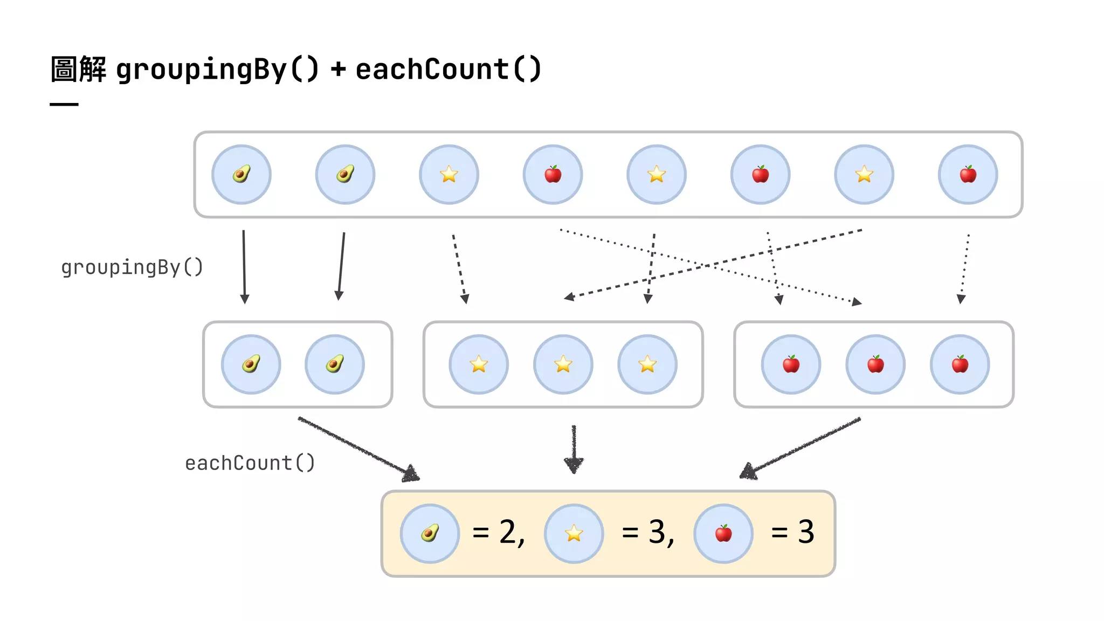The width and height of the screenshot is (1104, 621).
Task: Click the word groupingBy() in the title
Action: (217, 70)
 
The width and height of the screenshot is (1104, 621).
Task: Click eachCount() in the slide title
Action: (448, 70)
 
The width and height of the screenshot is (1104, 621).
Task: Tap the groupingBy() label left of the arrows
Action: (132, 267)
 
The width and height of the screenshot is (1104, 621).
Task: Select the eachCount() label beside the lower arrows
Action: (250, 463)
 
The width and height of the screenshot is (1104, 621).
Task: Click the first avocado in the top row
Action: (241, 175)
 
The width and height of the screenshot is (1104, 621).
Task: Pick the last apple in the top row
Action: (968, 175)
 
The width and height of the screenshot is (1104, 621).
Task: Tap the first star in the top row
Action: (448, 175)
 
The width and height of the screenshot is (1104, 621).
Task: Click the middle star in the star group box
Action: (563, 364)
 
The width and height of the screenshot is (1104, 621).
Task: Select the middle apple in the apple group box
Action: (875, 364)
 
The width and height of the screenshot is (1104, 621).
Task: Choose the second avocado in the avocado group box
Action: (335, 364)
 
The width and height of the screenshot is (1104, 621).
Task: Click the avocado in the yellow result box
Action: (430, 534)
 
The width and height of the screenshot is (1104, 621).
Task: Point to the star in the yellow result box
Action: (574, 534)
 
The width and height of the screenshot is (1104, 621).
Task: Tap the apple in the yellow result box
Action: (723, 534)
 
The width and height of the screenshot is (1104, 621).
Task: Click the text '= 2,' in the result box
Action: (499, 533)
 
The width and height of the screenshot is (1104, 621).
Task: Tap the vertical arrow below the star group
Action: (574, 448)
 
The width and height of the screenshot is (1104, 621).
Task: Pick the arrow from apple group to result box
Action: (801, 447)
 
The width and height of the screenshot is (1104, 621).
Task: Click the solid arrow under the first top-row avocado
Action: (244, 267)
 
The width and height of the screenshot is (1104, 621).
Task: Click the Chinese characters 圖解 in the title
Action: (78, 70)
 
